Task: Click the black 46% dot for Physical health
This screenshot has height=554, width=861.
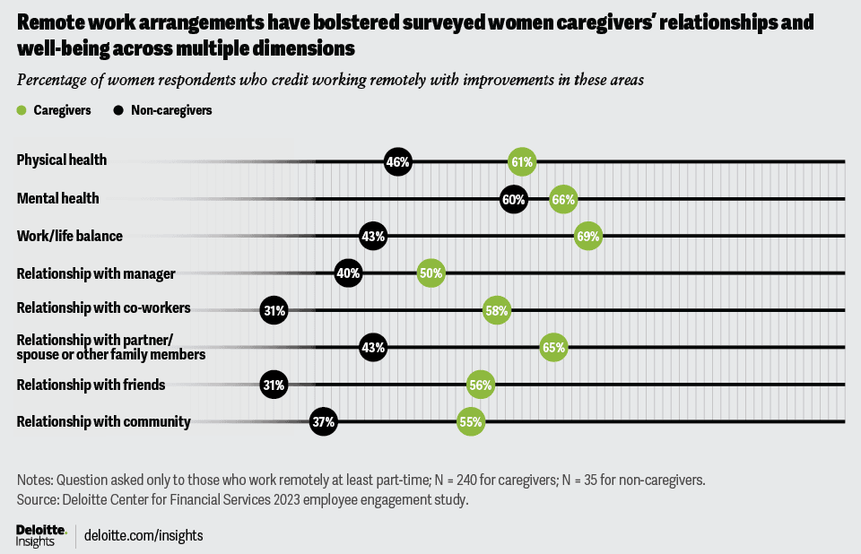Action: [x=397, y=162]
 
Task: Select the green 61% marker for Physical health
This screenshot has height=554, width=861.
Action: [x=521, y=162]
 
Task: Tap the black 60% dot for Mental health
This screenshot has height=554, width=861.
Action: [x=513, y=200]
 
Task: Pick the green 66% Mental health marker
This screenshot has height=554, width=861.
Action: [x=562, y=200]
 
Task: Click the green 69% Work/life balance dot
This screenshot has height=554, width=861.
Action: [x=588, y=237]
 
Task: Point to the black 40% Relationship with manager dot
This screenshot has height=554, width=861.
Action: [x=348, y=273]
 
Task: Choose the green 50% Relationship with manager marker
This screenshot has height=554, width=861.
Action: [x=430, y=273]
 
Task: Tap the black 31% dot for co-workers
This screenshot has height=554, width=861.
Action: [x=274, y=311]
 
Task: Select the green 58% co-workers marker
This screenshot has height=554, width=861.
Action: [x=496, y=311]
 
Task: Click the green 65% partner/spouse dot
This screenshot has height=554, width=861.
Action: [x=553, y=348]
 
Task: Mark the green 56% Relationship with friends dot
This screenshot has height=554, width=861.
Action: [x=480, y=385]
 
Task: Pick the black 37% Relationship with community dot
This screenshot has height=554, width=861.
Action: [x=323, y=422]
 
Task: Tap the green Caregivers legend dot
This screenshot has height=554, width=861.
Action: [x=22, y=110]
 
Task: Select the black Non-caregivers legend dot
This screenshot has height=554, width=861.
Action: [x=118, y=110]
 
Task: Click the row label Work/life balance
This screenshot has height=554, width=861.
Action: [x=69, y=237]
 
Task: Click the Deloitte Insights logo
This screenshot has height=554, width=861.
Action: [x=40, y=535]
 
